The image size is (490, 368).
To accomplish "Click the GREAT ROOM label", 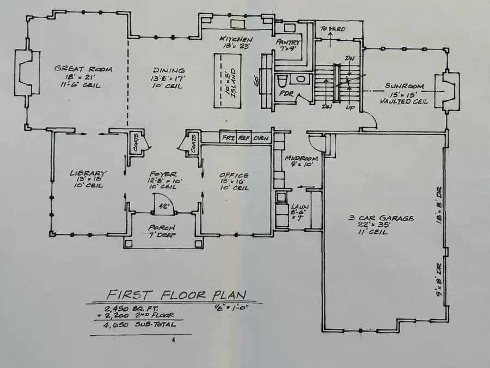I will coord(83,69).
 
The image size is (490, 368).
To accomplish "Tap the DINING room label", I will coord(169,70).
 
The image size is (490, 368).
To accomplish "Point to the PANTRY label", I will coord(288,41).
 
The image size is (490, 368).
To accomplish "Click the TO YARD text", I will coord(333,29).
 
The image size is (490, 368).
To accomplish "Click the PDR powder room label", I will coord(287,94).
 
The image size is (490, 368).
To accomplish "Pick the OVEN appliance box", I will coord(261,138).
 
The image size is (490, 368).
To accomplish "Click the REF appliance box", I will coord(243,138).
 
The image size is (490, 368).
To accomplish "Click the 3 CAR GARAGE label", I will coord(381,218).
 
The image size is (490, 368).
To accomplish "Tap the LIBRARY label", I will coord(88,173).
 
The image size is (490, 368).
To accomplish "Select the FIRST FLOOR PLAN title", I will coord(176,295).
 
